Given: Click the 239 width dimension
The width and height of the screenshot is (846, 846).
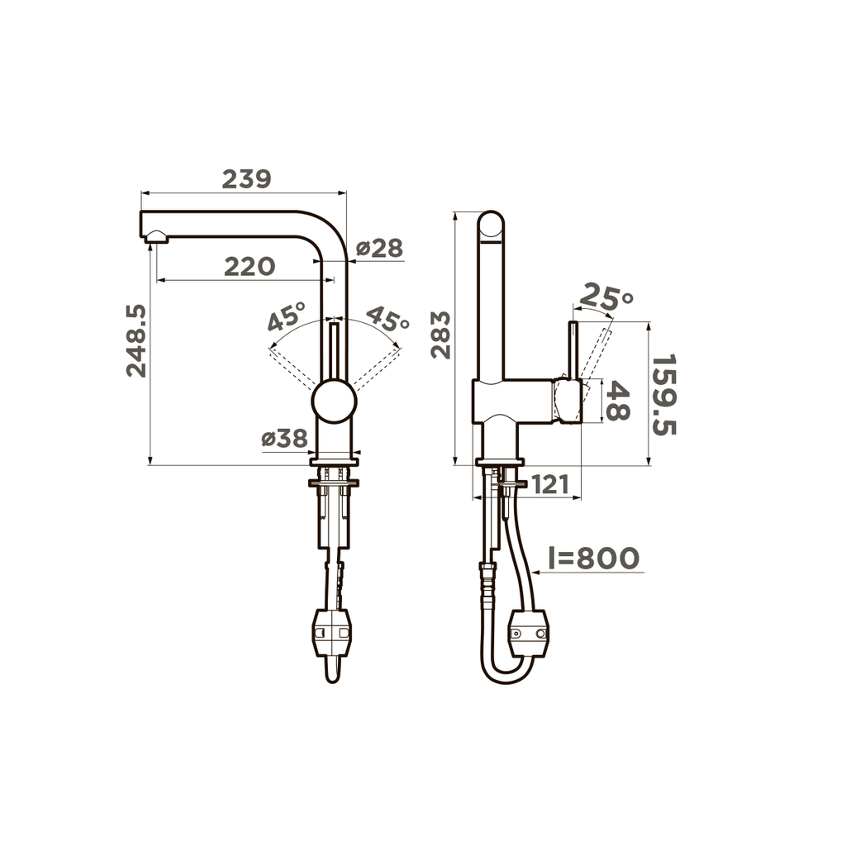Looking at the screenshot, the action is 246,179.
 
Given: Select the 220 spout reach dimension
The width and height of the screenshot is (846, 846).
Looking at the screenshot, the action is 250,267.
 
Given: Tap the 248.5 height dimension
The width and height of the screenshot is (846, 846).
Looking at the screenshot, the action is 136,340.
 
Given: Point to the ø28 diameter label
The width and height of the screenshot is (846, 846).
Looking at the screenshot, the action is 380,248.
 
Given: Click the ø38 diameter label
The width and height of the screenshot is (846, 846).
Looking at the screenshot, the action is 284,439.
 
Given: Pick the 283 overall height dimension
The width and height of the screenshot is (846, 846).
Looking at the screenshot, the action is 441,335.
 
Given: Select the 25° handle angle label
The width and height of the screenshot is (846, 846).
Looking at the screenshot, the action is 606,297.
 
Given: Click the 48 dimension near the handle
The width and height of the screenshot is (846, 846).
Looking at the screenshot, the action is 618,401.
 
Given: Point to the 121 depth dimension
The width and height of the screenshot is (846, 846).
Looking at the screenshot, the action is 551,485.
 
